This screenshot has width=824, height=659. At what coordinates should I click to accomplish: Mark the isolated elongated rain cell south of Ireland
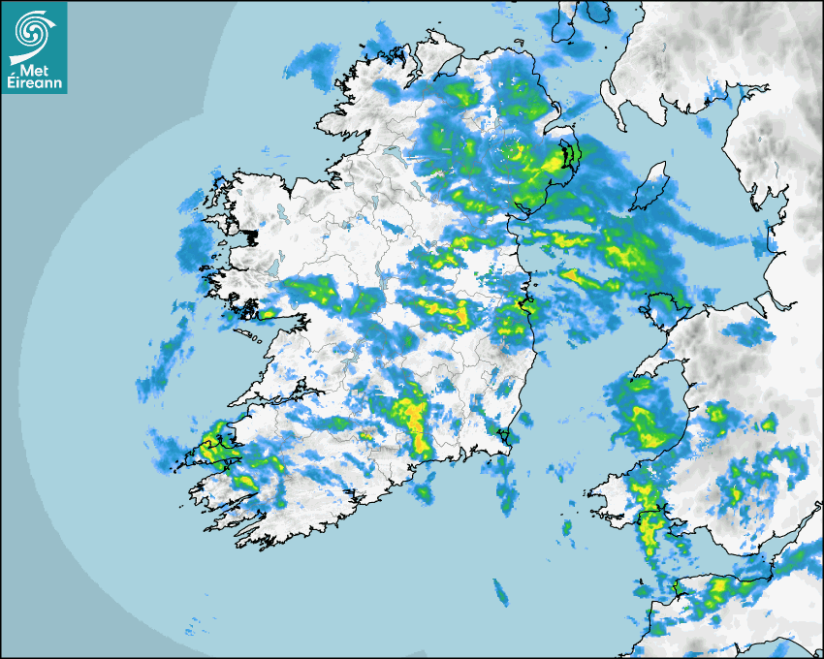[501, 590]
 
